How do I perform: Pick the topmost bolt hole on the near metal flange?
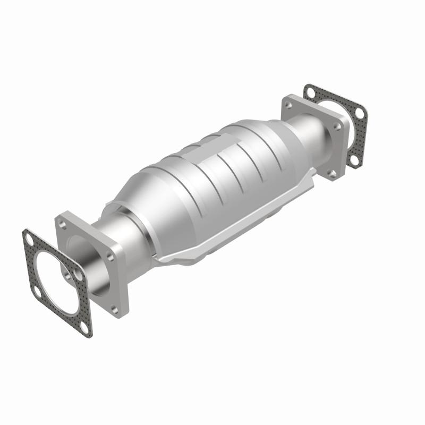65,221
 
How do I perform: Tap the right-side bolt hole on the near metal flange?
110,256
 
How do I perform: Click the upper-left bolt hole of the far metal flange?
288,105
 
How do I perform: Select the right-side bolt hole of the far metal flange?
336,126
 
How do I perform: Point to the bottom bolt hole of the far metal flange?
333,173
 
